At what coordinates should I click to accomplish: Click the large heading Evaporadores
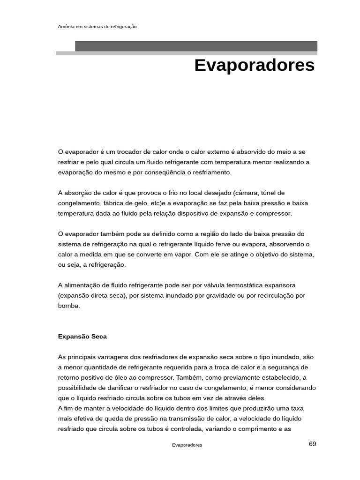pyautogui.click(x=254, y=66)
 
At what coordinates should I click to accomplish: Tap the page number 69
pyautogui.click(x=313, y=444)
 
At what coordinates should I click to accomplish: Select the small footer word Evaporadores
pyautogui.click(x=187, y=445)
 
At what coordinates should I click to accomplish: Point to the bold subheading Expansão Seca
pyautogui.click(x=82, y=337)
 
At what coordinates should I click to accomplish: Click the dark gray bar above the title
pyautogui.click(x=196, y=46)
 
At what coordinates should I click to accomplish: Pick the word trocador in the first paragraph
pyautogui.click(x=125, y=152)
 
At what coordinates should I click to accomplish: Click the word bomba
pyautogui.click(x=68, y=306)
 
